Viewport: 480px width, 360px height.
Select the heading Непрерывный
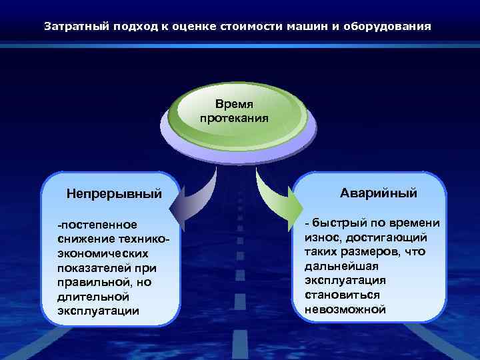pyautogui.click(x=114, y=194)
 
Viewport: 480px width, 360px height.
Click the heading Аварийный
pyautogui.click(x=378, y=193)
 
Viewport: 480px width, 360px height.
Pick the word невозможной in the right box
pyautogui.click(x=345, y=309)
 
